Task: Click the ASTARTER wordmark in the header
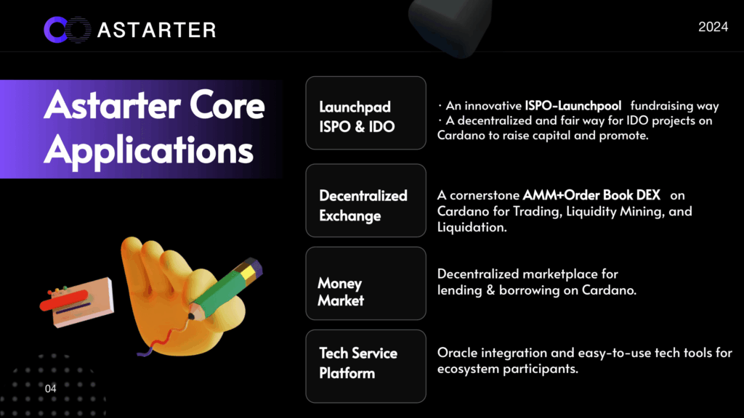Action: [x=157, y=30]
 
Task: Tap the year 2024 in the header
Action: [x=713, y=27]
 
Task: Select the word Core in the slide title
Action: [x=227, y=105]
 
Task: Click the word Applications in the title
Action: [x=148, y=151]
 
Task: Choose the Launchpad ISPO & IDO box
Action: [x=366, y=112]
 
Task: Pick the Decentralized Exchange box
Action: [x=366, y=200]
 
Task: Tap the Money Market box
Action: [x=366, y=284]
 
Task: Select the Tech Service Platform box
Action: [x=366, y=366]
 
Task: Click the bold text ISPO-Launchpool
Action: [x=573, y=105]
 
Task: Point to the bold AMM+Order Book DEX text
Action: [x=591, y=194]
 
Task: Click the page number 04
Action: [x=50, y=389]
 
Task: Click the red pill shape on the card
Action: [x=64, y=300]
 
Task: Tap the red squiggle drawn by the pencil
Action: [x=162, y=339]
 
